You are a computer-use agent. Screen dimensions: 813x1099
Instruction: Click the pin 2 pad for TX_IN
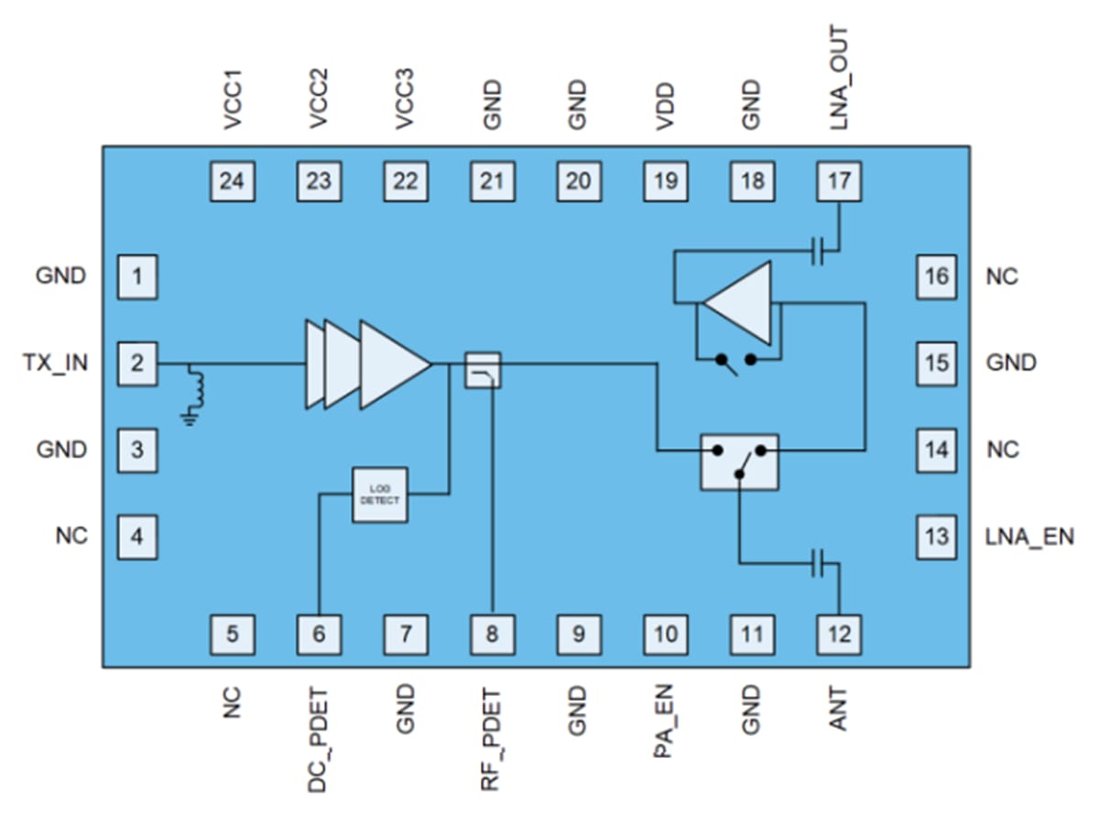point(137,363)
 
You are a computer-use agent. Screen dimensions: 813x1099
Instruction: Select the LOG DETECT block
point(380,494)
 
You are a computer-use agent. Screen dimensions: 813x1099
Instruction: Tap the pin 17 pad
point(839,180)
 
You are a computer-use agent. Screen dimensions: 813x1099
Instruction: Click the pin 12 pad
point(839,634)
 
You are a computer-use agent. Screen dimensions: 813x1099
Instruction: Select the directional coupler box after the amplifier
point(483,370)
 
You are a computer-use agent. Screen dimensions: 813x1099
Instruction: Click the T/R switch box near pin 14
point(739,461)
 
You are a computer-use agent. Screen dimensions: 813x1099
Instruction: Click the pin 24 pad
point(232,180)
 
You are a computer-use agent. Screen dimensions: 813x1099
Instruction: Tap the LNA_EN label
point(1029,537)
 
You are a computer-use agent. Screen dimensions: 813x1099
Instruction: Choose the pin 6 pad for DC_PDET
point(319,634)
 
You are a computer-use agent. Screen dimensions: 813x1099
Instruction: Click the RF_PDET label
point(492,739)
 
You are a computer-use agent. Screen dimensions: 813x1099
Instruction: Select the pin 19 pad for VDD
point(666,180)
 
